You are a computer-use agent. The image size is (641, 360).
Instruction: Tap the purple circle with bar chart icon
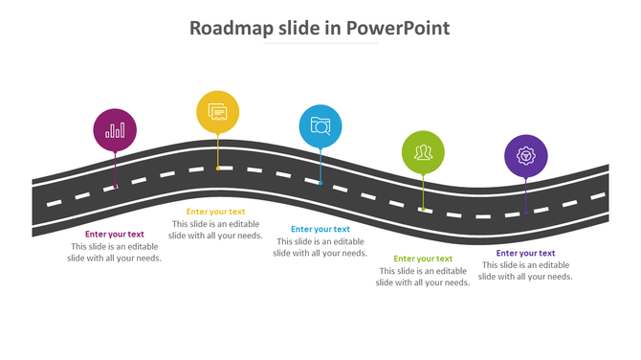click(x=115, y=130)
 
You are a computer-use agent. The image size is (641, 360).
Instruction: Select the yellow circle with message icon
click(x=218, y=113)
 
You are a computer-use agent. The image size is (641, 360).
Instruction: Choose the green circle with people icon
click(x=423, y=152)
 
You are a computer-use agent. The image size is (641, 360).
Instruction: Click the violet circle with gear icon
click(x=525, y=155)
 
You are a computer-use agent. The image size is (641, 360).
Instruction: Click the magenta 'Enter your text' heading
click(x=115, y=234)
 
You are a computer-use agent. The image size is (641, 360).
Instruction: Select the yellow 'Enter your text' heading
click(x=215, y=212)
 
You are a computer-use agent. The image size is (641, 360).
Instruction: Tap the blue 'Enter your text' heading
click(x=320, y=229)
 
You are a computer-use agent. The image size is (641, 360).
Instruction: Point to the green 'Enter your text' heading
click(x=423, y=259)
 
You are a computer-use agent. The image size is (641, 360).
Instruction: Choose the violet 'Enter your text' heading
click(x=525, y=253)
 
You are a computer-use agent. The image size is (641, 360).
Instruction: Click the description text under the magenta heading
click(x=115, y=252)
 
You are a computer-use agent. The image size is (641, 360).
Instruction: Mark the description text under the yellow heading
click(x=215, y=230)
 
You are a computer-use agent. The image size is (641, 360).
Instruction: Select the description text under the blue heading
click(x=320, y=247)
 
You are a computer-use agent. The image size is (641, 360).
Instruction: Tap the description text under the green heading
click(x=423, y=277)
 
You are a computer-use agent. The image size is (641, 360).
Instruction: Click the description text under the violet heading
click(x=525, y=271)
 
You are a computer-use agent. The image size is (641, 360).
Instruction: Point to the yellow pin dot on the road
click(x=218, y=169)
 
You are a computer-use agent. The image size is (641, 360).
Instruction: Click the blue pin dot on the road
click(x=320, y=183)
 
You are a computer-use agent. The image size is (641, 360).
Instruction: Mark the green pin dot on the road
click(x=423, y=208)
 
